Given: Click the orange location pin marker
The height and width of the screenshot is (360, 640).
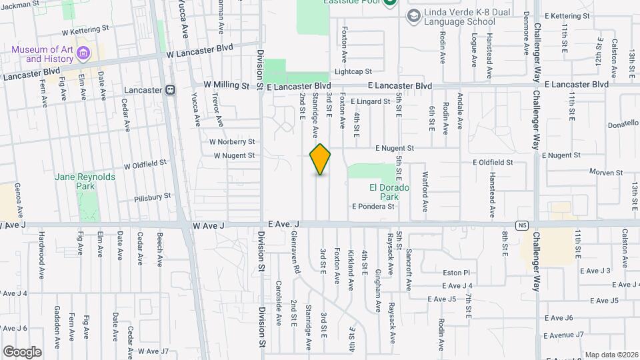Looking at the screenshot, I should [320, 159].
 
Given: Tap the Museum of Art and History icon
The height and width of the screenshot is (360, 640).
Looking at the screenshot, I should [83, 53].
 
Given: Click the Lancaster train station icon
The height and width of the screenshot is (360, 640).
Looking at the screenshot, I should [171, 89].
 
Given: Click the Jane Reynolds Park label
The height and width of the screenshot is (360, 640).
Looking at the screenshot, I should [85, 181].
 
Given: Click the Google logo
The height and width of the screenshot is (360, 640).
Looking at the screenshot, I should [21, 351].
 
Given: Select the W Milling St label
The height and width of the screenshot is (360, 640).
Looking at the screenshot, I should [226, 85].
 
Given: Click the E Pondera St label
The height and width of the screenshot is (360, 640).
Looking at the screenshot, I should [373, 207].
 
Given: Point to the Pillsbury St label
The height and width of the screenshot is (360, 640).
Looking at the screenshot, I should [153, 197].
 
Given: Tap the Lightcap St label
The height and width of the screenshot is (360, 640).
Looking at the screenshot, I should [353, 71].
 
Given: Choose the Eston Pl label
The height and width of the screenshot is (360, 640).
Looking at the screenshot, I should [457, 273].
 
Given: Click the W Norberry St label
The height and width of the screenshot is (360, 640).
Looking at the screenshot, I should [232, 141].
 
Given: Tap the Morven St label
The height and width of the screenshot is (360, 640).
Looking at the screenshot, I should [606, 172].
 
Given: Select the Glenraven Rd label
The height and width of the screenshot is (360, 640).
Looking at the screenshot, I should [295, 254].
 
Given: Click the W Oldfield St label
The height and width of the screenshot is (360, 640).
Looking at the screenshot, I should [145, 163].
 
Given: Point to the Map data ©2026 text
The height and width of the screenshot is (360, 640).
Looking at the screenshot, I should [611, 355].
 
